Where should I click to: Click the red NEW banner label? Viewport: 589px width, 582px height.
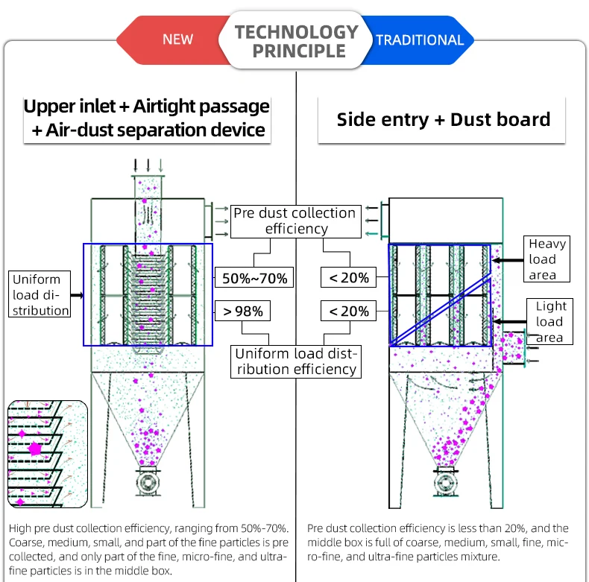177,39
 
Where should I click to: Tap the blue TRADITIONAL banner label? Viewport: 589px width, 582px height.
419,39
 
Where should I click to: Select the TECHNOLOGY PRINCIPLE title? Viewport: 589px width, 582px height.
297,42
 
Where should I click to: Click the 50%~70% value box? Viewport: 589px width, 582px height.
254,279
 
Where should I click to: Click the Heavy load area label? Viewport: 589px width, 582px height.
547,259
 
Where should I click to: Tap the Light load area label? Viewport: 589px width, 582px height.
550,322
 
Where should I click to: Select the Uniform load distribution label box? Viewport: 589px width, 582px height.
40,295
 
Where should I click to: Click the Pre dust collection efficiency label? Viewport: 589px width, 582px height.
295,221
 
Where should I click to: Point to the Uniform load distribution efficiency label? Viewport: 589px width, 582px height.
296,361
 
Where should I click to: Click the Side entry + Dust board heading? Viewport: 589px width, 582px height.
443,119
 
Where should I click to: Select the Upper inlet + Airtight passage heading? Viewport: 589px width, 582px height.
146,118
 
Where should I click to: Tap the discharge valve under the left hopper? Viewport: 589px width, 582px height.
147,482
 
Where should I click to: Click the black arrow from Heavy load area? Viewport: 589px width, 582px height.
507,260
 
